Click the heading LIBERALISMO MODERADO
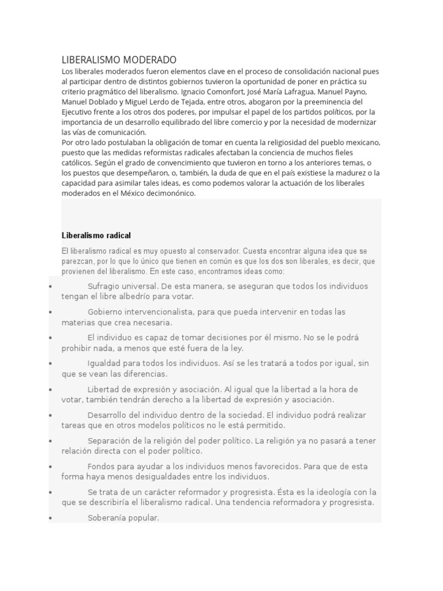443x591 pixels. click(119, 60)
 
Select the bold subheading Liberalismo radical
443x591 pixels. click(96, 235)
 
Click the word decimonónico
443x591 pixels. click(170, 193)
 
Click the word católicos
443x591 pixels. click(79, 163)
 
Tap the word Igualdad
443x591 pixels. click(105, 363)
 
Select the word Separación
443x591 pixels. click(111, 440)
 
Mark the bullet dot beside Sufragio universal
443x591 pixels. click(51, 286)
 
